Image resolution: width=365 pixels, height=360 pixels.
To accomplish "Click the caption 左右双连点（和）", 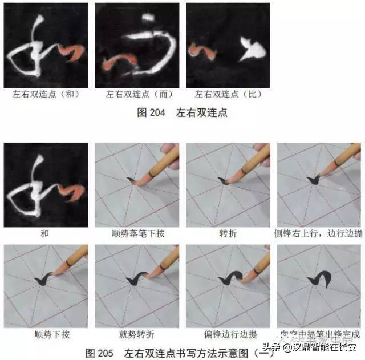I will click(x=45, y=94).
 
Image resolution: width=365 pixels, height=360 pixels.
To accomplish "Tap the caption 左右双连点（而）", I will click(x=136, y=94).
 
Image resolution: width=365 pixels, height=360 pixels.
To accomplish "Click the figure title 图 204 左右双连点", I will click(x=182, y=112).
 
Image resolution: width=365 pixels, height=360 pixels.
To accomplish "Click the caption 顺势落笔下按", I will click(x=137, y=234).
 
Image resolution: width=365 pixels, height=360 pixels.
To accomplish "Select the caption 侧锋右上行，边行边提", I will click(x=319, y=234).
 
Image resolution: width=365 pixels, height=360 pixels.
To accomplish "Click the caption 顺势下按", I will click(x=45, y=334).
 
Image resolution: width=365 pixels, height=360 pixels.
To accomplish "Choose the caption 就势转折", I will click(x=137, y=334).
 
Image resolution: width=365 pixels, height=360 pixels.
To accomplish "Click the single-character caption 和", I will click(x=45, y=234).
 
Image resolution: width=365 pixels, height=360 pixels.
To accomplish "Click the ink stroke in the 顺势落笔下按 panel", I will click(x=132, y=182).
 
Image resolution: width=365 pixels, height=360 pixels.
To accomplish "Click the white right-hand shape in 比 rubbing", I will click(x=249, y=48).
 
